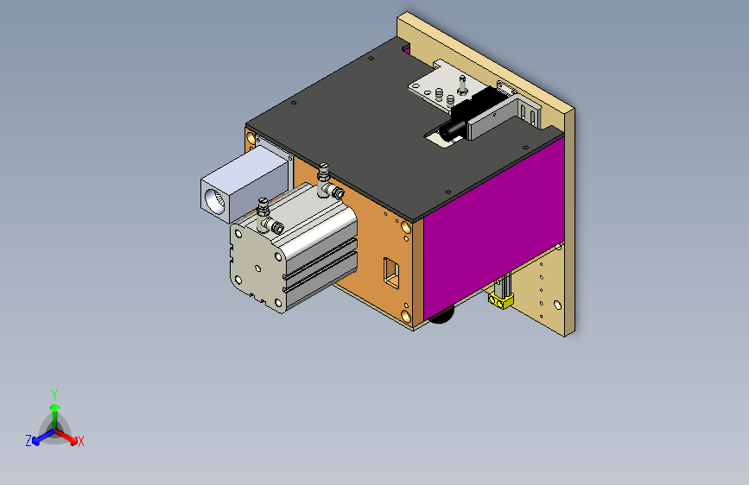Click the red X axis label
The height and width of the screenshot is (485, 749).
(x=80, y=442)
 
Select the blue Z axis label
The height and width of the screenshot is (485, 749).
(x=29, y=441)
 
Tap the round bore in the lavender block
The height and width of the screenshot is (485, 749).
(x=214, y=201)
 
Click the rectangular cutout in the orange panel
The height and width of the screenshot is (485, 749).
(x=391, y=273)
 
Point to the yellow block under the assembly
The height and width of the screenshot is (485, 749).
(x=500, y=300)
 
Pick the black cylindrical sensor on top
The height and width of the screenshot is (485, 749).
(x=453, y=129)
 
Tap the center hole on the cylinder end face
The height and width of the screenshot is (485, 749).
(x=258, y=268)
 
